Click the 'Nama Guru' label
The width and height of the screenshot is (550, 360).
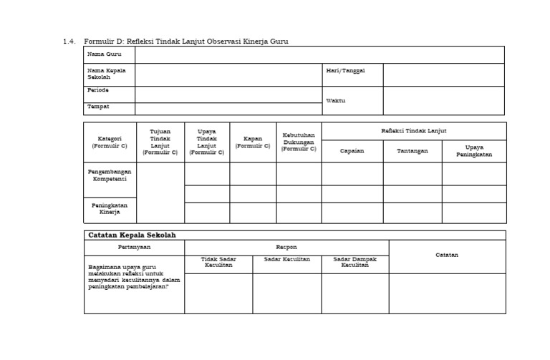104,54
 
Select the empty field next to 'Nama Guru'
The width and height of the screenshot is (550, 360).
319,55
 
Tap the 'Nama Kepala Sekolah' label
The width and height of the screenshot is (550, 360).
106,74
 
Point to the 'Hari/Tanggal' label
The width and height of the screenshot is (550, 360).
345,71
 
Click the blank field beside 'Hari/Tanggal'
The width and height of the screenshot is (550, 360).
443,74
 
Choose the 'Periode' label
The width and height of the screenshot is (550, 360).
98,90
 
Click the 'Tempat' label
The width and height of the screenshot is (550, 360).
98,107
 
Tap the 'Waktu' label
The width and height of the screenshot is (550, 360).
335,100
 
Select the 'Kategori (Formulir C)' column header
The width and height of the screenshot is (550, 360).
110,142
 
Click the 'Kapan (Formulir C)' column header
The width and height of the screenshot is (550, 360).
253,142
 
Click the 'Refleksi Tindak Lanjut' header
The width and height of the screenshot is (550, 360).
414,131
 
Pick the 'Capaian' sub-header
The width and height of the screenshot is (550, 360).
352,151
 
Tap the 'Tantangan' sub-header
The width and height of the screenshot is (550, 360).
412,151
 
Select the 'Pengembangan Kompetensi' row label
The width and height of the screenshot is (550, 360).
110,175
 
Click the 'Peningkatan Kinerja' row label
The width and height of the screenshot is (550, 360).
110,208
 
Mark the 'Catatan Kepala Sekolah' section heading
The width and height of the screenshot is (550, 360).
131,235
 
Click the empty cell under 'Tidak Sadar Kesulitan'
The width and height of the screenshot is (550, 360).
218,293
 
